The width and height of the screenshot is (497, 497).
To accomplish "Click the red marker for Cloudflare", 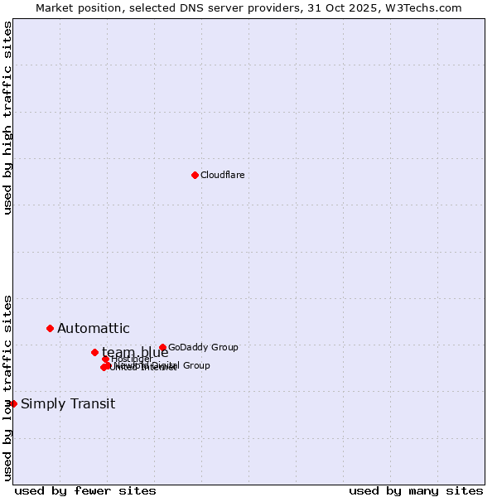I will tap(195, 175).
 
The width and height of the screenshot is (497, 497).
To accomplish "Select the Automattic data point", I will tap(50, 328).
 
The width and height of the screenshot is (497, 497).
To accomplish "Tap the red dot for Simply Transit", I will tap(13, 403).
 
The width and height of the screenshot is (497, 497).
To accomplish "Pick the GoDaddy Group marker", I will tap(162, 347).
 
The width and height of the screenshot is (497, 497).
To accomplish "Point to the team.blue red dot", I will tap(94, 352).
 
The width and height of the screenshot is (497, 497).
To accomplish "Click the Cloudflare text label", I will tap(223, 175).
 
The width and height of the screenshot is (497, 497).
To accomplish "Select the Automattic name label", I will tap(94, 329).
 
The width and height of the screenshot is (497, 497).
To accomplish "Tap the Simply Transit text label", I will tap(68, 404).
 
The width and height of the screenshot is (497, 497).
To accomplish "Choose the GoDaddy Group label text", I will tap(203, 347).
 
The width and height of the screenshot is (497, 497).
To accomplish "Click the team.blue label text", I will tap(135, 353).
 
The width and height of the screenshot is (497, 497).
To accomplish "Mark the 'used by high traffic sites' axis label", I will tap(7, 118).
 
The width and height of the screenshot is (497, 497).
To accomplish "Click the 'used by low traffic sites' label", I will tap(7, 388).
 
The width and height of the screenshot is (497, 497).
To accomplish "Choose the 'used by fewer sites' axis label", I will tap(85, 490).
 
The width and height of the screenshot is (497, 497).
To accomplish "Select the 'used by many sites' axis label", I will tap(416, 490).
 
